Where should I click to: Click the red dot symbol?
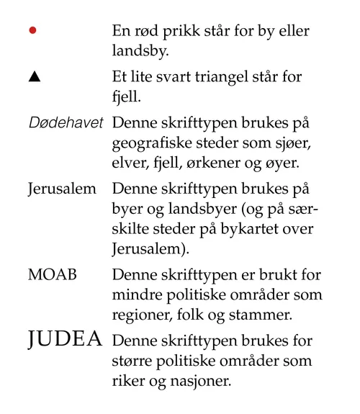[32, 32]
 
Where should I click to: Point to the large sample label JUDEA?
[66, 339]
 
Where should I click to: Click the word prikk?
[194, 32]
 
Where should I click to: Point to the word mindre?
[136, 295]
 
